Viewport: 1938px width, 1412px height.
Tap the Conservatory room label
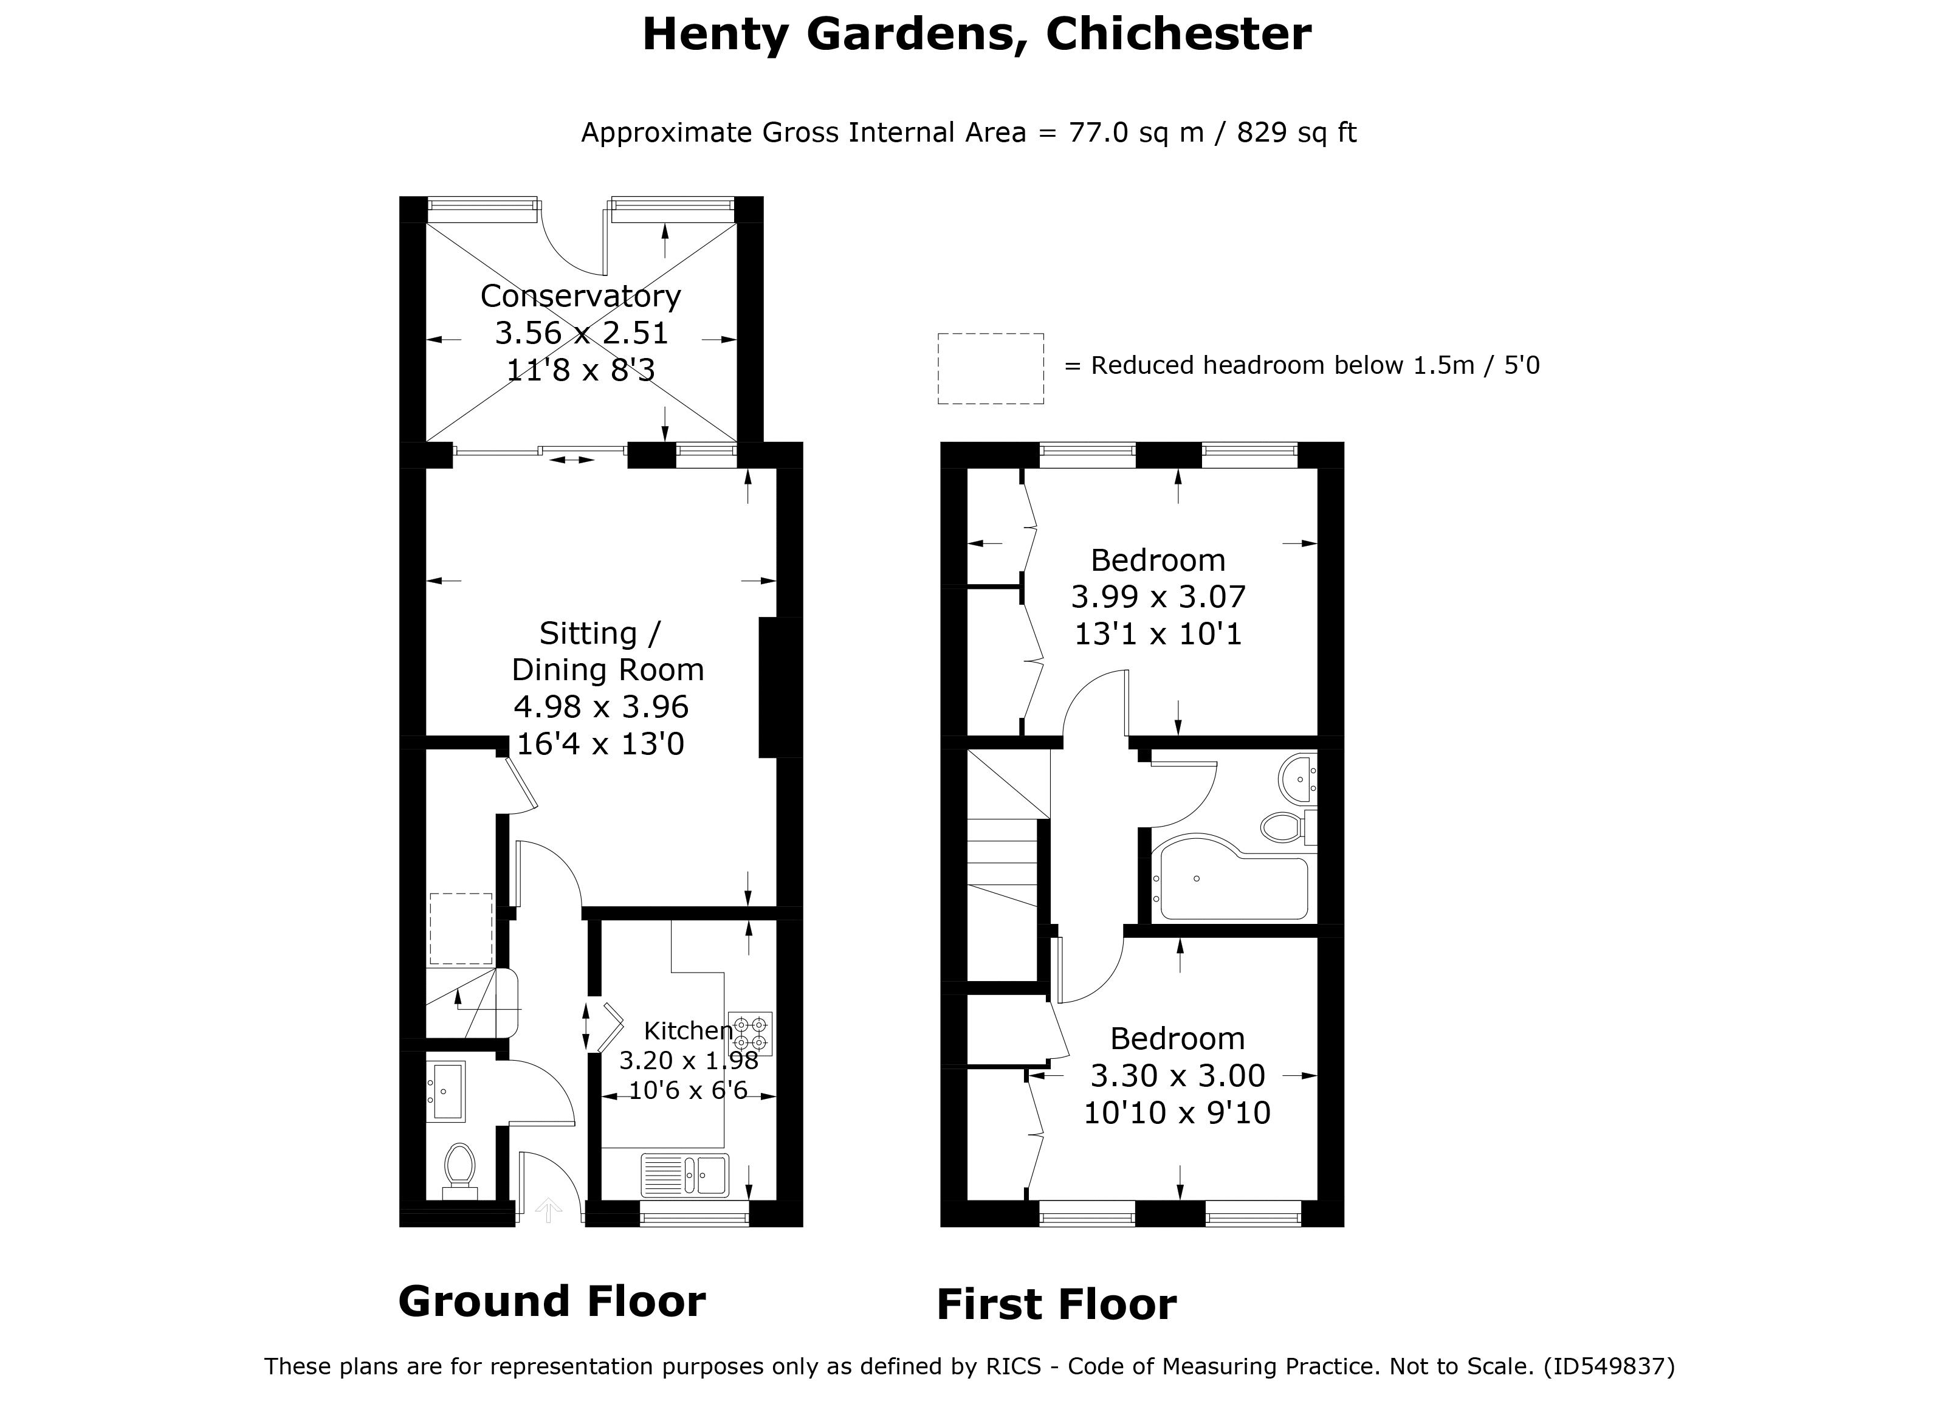click(x=580, y=296)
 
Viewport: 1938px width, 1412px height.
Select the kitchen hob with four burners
click(x=751, y=1033)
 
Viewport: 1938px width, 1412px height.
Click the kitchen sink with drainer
click(x=684, y=1175)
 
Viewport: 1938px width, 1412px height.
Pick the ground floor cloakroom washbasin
click(x=445, y=1090)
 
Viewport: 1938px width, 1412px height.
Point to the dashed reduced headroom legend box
click(x=991, y=368)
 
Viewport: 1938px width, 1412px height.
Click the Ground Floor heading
click(x=552, y=1302)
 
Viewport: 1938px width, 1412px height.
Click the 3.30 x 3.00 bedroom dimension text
click(x=1178, y=1075)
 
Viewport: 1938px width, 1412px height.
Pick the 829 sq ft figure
click(x=1296, y=133)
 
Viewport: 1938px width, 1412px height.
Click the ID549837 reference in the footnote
click(x=1609, y=1366)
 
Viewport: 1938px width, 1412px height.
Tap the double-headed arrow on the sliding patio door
click(x=572, y=460)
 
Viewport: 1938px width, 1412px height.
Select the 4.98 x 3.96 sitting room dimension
click(x=600, y=707)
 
